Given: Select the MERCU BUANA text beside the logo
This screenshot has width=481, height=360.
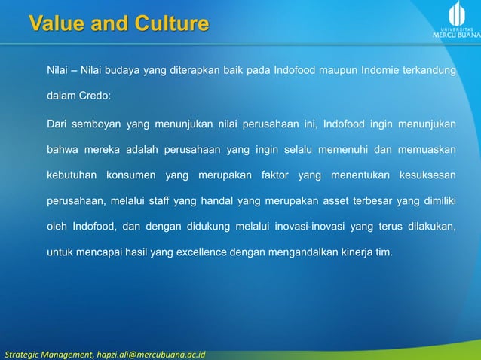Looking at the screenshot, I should (x=454, y=34).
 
